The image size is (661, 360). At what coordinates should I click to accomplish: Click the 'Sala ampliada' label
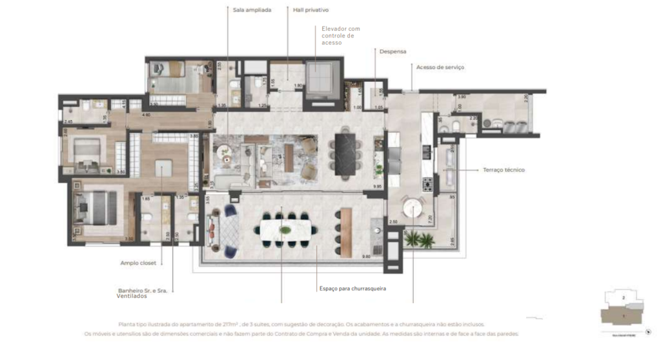click(x=252, y=10)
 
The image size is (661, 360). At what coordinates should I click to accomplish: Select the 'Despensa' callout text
click(x=393, y=51)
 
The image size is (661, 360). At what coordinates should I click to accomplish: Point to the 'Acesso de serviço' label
click(x=440, y=67)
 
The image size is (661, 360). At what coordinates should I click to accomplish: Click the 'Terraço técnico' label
click(x=503, y=170)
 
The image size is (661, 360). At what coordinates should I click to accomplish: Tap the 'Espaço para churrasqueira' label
click(x=352, y=288)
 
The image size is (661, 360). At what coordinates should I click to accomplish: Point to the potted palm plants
click(x=420, y=241)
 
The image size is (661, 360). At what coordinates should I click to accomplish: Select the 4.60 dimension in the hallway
click(x=146, y=115)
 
